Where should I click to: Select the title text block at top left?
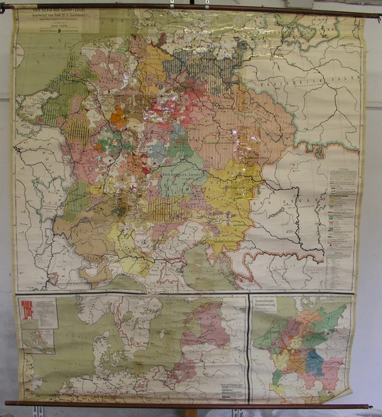[x=58, y=20]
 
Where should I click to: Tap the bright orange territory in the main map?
[x=119, y=118]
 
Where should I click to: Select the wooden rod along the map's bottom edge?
[x=189, y=405]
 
